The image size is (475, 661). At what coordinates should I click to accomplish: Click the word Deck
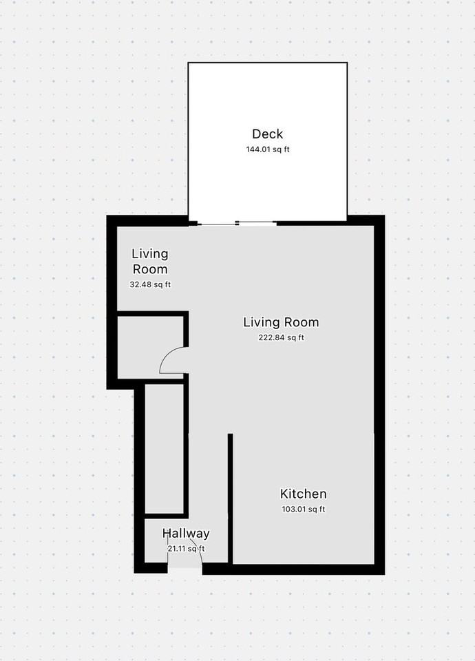point(267,134)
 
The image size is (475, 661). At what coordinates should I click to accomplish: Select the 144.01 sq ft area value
point(267,149)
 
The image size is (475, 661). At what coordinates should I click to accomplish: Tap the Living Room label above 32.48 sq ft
point(149,262)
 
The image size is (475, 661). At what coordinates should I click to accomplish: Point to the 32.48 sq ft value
point(149,284)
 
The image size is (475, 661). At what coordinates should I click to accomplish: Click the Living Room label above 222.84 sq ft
point(281,322)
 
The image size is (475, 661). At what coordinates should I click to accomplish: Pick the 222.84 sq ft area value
point(281,337)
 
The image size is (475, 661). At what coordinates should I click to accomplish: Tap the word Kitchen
point(303,494)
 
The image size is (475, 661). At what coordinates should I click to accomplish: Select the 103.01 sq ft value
point(303,510)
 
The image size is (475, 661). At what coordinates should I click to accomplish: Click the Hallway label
point(186,533)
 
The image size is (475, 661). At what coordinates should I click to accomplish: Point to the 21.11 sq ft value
point(186,549)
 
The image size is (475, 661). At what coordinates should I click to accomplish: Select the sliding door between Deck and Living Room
point(234,223)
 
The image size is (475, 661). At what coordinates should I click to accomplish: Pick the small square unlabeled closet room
point(150,346)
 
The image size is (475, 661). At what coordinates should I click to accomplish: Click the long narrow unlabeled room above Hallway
point(164,448)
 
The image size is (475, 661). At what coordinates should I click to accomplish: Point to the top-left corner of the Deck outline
point(189,63)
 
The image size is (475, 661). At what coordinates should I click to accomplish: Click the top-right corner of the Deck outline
point(346,63)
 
